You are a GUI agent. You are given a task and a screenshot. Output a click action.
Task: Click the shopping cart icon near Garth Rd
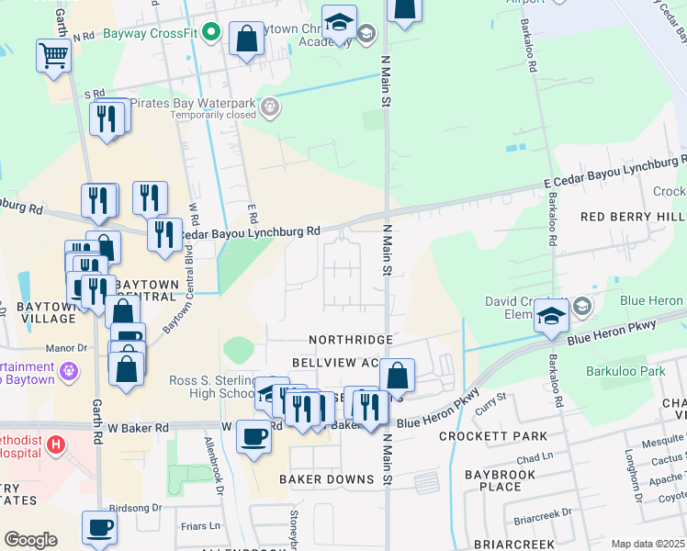(53, 56)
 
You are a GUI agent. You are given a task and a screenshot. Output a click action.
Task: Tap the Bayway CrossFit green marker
(211, 32)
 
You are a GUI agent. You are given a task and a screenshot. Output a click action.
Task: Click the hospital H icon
(56, 446)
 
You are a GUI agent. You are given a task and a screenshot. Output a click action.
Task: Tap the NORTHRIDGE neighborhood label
(351, 340)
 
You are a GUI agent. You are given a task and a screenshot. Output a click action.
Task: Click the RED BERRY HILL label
(633, 216)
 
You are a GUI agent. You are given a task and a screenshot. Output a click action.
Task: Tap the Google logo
(30, 540)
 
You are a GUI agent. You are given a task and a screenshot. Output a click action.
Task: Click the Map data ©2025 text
(648, 544)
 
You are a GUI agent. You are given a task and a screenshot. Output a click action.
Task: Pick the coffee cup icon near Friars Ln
(100, 528)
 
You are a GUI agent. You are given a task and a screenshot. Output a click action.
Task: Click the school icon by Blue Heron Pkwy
(551, 315)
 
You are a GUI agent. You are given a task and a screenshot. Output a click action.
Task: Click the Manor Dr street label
(67, 349)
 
